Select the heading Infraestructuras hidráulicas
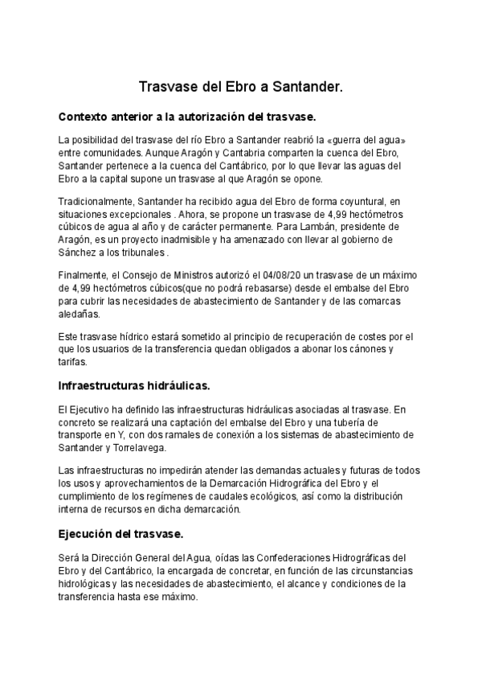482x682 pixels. [134, 386]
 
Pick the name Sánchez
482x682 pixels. [80, 253]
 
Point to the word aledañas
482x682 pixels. [80, 314]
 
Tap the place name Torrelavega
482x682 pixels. [152, 448]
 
